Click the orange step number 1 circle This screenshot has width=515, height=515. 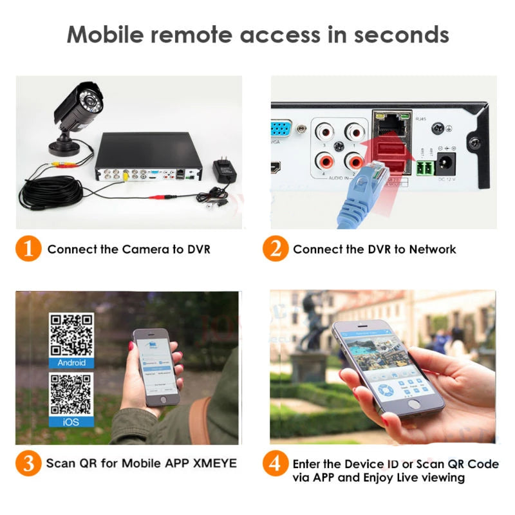coord(28,249)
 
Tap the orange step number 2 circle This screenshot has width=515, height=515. coord(276,249)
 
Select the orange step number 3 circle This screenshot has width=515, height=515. coord(28,463)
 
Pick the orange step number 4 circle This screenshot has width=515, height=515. coord(276,464)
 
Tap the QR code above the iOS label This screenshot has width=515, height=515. coord(71,394)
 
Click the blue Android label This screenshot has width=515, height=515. coord(71,362)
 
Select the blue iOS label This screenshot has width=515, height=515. coord(71,422)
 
